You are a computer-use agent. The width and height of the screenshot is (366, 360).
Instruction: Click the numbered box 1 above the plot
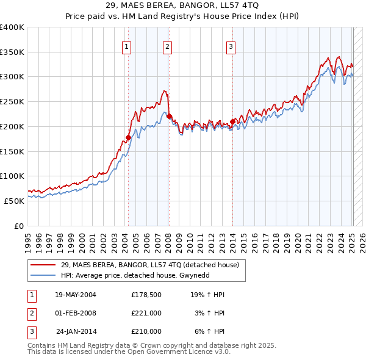tap(126, 46)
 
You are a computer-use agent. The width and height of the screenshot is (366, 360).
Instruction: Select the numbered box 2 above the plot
tap(167, 46)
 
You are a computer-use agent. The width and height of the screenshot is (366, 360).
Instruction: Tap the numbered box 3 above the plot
tap(231, 46)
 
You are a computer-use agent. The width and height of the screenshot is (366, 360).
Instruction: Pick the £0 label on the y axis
tap(20, 226)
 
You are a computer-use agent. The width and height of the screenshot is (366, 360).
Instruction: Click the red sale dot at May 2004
tap(128, 137)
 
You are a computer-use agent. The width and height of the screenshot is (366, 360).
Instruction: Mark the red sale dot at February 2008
tap(169, 117)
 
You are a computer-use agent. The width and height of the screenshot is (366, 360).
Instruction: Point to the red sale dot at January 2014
tap(232, 121)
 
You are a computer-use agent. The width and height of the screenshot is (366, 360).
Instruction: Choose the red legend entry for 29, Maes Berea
tap(152, 265)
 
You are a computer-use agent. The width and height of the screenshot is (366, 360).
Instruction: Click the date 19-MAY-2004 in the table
tap(76, 295)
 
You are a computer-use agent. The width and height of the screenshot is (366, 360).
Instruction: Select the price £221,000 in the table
tap(146, 313)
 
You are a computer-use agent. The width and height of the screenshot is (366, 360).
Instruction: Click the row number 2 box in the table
tap(31, 313)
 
